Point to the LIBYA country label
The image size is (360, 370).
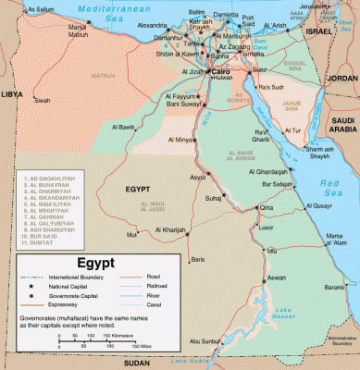[x=13, y=94]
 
